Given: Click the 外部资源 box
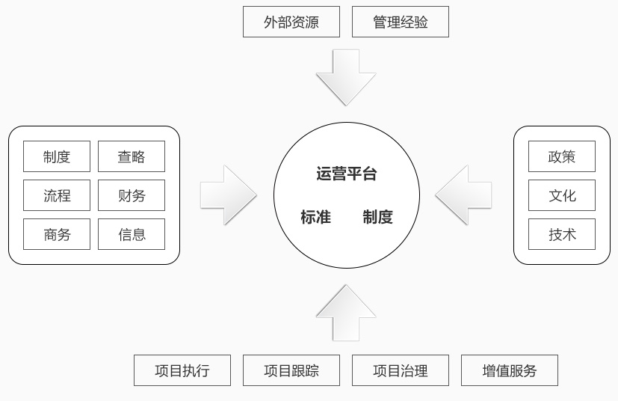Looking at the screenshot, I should [291, 22].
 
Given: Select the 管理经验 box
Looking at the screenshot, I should [400, 22].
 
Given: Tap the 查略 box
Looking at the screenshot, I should [131, 156].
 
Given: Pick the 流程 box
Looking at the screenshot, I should [57, 195].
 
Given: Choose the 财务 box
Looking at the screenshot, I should [131, 195].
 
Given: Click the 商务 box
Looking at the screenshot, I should [57, 234].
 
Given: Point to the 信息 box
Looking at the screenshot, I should [131, 234].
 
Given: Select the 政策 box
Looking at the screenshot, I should [561, 156].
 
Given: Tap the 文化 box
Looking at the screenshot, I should [561, 195].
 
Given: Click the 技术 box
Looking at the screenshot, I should [561, 234].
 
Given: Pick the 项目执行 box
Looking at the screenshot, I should [182, 370].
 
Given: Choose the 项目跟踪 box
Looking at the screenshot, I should [291, 370].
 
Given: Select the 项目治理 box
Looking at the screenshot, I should [400, 370].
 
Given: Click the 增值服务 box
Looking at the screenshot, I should [509, 370].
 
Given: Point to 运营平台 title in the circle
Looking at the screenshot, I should [346, 174].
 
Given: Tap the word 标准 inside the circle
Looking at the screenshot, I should [315, 217].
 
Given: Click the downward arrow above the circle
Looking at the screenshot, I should [345, 76].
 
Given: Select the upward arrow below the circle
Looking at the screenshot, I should [345, 313].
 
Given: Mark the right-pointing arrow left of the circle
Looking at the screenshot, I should [228, 195].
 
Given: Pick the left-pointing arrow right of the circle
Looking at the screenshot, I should [464, 195].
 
